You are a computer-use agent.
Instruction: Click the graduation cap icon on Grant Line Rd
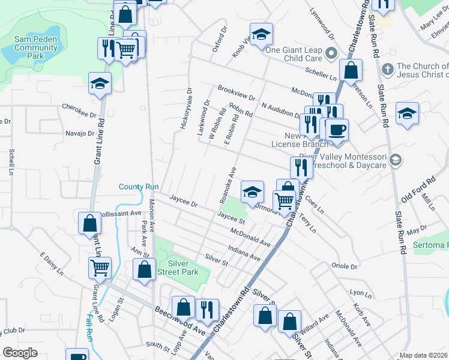click(100, 84)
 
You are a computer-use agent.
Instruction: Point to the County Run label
click(138, 187)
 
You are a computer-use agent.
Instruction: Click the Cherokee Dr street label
click(79, 110)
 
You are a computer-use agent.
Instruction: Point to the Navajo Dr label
click(80, 134)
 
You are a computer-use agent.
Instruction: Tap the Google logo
click(20, 353)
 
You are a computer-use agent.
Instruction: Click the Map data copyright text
click(423, 355)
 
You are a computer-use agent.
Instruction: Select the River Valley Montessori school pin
click(395, 160)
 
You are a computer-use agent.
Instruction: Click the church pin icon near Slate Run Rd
click(387, 67)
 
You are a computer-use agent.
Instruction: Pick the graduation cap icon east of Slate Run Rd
click(407, 113)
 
